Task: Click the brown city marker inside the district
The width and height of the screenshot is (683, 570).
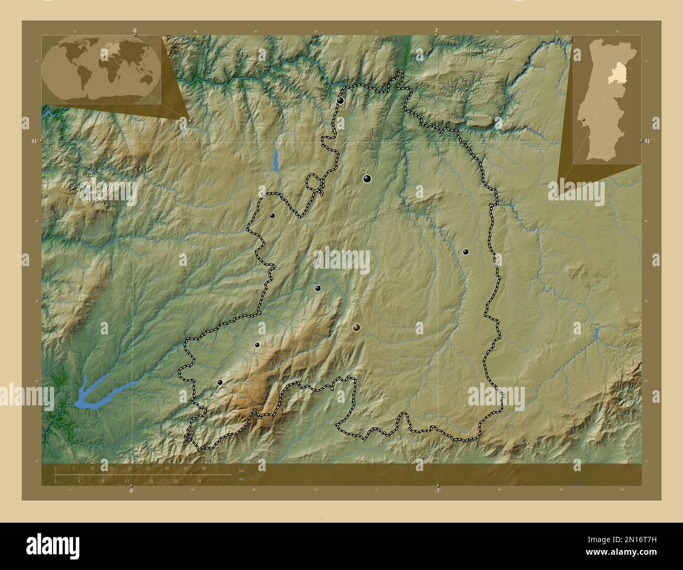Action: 357,328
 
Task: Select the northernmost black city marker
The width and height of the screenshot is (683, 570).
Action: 340,100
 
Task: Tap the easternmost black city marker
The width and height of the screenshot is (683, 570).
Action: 465,252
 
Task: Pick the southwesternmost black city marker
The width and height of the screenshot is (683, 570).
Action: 220,382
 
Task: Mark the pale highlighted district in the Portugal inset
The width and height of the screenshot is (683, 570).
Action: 614,78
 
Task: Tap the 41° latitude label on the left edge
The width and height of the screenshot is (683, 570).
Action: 34,141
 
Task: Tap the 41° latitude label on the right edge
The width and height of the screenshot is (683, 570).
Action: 647,141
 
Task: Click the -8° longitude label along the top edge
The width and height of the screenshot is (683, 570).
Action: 134,31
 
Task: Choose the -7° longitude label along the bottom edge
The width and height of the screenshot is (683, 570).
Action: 437,491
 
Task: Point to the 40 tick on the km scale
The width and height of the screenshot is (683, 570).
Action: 204,469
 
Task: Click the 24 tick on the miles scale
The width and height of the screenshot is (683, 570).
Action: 199,481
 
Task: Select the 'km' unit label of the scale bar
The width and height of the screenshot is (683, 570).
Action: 242,470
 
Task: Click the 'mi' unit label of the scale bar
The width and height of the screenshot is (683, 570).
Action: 241,479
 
